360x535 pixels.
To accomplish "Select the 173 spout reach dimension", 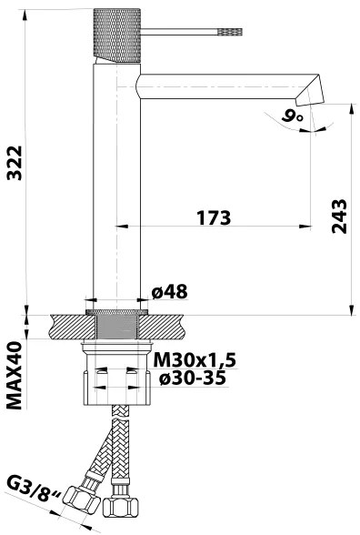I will [x=212, y=219].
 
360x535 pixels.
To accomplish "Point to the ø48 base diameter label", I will [x=169, y=292].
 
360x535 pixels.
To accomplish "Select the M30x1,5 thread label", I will [x=194, y=360].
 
